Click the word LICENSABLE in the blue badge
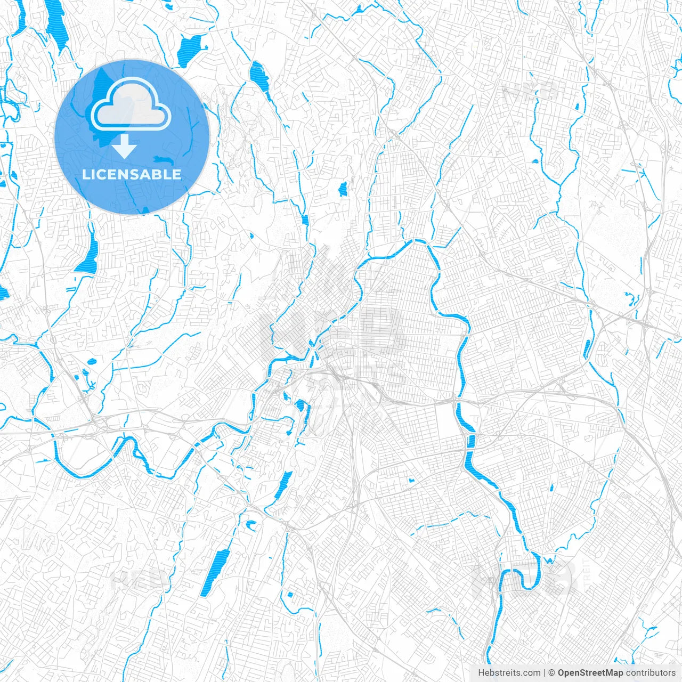tap(132, 175)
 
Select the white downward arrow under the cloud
tap(125, 147)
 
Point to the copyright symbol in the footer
tap(552, 673)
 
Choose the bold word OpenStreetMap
tap(590, 673)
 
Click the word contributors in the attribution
tap(651, 673)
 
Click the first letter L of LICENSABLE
tap(85, 175)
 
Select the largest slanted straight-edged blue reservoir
tap(215, 573)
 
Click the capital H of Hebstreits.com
tap(481, 673)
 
